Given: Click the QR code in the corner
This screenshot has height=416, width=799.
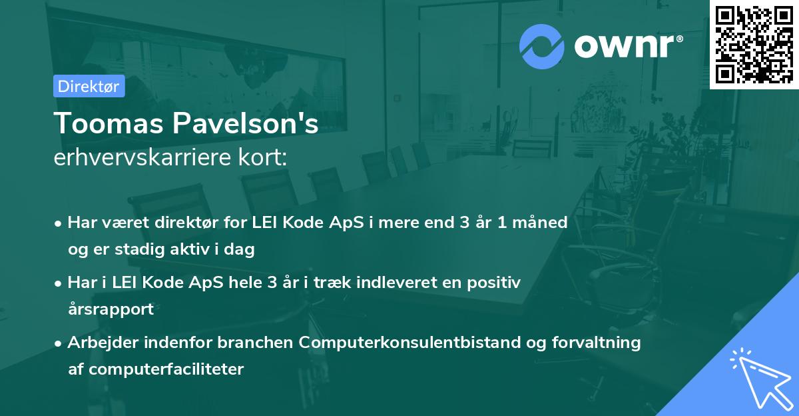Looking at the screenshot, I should point(754,44).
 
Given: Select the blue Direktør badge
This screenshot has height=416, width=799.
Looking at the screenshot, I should point(89,86).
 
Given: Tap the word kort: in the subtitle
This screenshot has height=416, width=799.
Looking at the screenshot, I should point(266,158).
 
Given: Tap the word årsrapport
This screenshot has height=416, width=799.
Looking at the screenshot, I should point(111,309).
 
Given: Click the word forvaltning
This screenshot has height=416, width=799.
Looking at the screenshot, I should point(597,343).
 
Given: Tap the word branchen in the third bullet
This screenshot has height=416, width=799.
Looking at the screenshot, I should point(254,343).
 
